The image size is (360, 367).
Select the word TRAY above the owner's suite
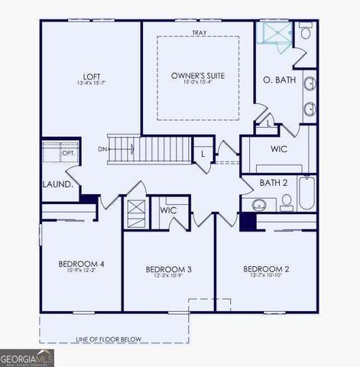tap(198, 33)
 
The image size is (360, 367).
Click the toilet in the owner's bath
tap(305, 33)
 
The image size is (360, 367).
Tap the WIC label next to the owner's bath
tap(278, 148)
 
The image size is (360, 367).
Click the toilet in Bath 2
tap(287, 202)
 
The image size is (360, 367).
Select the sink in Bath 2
tap(258, 204)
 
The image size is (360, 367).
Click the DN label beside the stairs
tap(102, 149)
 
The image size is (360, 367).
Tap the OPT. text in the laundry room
tap(68, 153)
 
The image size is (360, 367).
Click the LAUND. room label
tap(58, 184)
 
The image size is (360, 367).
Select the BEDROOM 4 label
tap(81, 265)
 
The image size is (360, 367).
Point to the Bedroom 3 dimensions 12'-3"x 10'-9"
tap(168, 277)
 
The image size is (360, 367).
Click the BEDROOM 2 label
tap(266, 269)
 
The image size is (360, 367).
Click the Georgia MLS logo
tap(27, 357)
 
